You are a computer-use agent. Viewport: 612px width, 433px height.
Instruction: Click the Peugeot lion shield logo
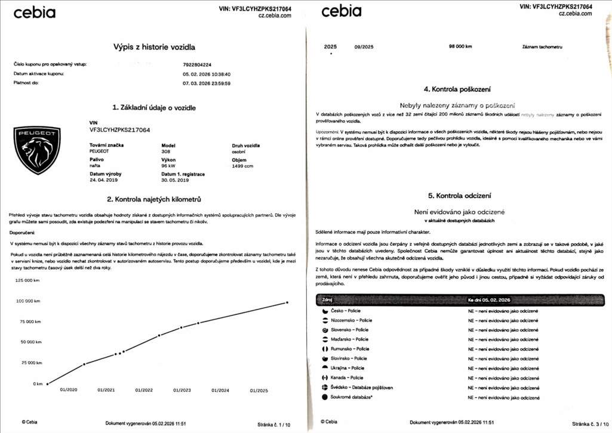pos(37,150)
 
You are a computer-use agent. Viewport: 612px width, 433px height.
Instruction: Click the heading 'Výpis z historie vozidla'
pos(154,46)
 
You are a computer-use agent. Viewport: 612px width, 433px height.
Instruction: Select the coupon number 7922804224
pos(198,64)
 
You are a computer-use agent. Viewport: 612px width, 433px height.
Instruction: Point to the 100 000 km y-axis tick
pos(30,301)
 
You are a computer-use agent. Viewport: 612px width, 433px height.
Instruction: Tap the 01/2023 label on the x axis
pos(182,390)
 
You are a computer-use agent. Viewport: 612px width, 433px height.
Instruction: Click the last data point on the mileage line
pos(287,302)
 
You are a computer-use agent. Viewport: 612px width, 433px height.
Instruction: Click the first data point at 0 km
pos(48,383)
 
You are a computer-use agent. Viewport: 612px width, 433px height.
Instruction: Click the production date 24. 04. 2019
pos(104,180)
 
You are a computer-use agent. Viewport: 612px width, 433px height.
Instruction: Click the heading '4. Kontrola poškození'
pos(457,89)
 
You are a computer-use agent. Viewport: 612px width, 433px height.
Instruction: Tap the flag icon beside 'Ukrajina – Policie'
pos(325,368)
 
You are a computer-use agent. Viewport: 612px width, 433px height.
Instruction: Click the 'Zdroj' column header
pos(328,299)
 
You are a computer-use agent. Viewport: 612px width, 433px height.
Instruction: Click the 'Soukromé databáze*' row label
pos(351,397)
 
